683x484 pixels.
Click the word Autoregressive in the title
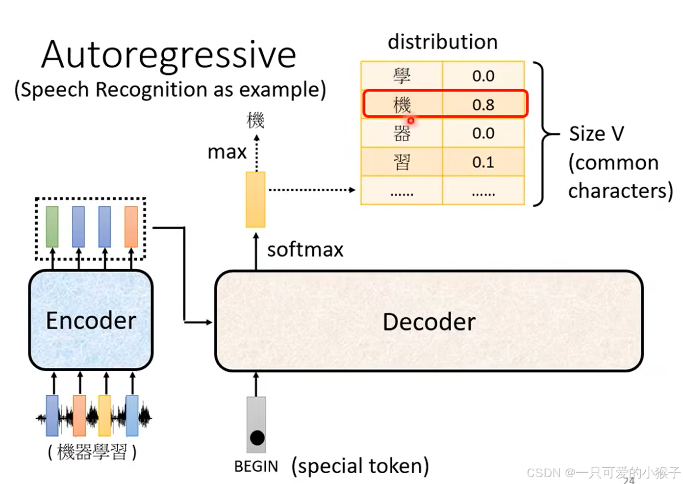pos(169,55)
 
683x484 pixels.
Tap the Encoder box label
pos(91,321)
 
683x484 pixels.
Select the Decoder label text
pos(429,322)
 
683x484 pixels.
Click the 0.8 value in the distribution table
pos(483,104)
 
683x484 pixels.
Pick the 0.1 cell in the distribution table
pos(483,162)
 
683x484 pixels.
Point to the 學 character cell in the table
pos(402,76)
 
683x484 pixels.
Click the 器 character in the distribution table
pos(402,133)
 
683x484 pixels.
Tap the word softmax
pos(305,250)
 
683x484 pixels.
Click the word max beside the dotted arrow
pos(227,152)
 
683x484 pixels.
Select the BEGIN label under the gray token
pos(256,466)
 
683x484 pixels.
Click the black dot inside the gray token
pos(257,437)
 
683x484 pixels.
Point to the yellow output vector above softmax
pos(255,200)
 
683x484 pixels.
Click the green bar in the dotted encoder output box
pos(52,227)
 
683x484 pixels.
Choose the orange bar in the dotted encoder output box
pos(131,227)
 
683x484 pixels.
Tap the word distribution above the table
pos(442,42)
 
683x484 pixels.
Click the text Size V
pos(596,133)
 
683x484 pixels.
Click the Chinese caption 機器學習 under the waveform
pos(92,452)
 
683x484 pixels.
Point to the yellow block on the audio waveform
pos(104,415)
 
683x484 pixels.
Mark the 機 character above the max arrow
pos(255,120)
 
